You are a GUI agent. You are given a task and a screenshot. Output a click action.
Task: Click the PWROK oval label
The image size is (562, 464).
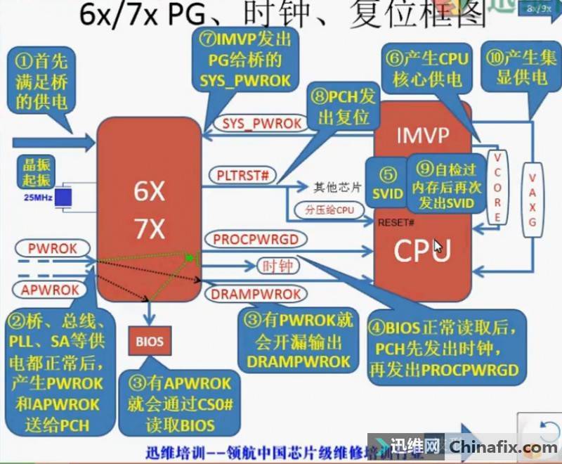(52, 248)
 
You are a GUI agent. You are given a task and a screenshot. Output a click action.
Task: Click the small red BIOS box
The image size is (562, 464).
(149, 342)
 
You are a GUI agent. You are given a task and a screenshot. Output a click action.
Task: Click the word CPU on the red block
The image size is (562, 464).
(421, 250)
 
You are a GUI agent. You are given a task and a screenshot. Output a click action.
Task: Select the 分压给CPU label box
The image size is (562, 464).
(325, 209)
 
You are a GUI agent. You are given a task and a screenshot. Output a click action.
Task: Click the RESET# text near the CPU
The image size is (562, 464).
(395, 223)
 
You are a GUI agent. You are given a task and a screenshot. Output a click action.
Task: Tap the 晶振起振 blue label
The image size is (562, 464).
(36, 169)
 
